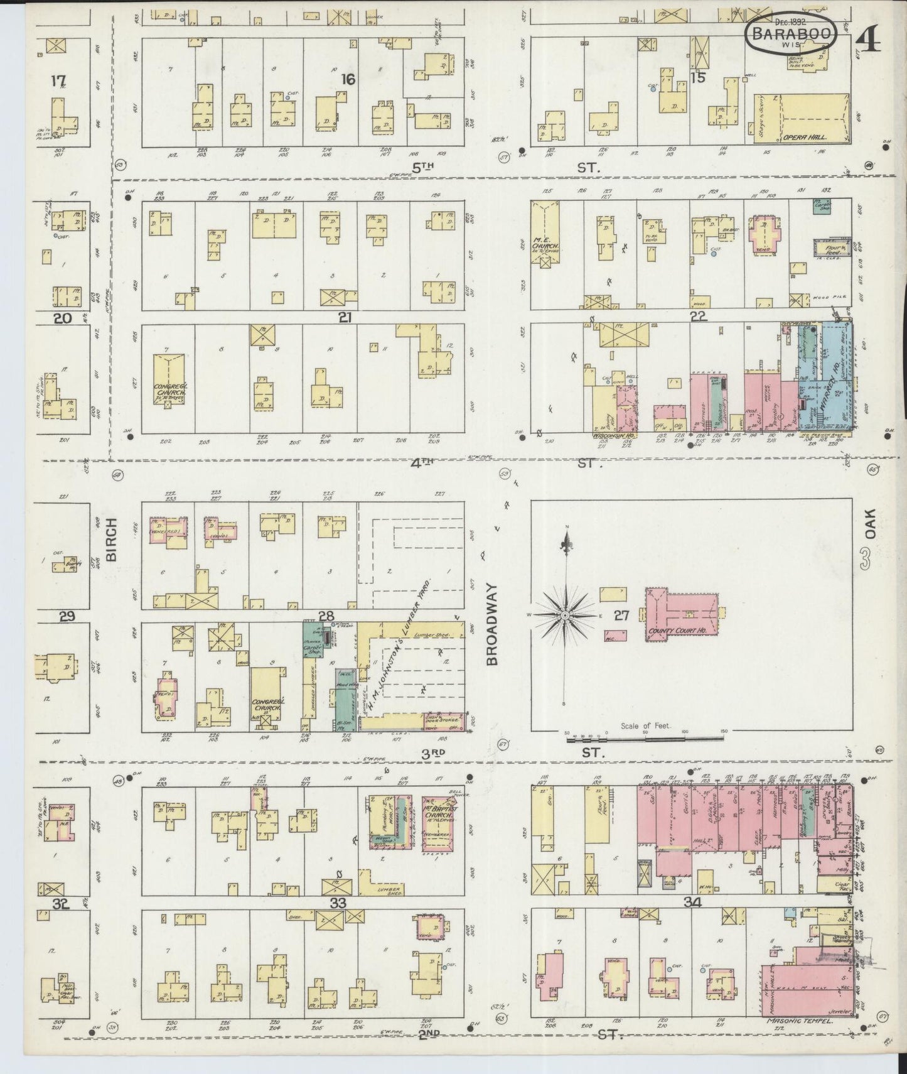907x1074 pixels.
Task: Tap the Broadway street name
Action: point(492,624)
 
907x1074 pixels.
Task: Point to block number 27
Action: point(621,616)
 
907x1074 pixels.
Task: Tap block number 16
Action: point(347,79)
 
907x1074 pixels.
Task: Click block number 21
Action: point(344,318)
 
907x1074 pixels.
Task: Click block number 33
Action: point(338,903)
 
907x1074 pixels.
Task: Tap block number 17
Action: point(59,81)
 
